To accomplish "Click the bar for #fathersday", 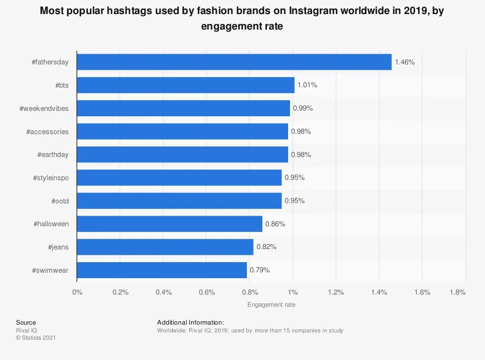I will [x=234, y=62].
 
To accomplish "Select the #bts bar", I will [x=185, y=85].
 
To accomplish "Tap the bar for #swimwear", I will [x=162, y=270].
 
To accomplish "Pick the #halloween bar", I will [x=169, y=224].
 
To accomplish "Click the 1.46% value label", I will [x=405, y=62].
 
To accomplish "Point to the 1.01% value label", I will [x=307, y=85].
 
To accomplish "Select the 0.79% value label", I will [x=259, y=270].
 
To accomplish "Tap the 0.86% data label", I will [x=275, y=224].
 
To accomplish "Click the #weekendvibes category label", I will [x=44, y=109].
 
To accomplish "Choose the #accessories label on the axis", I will [x=48, y=132].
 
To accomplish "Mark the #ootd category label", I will [x=60, y=201].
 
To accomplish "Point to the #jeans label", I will [x=58, y=247].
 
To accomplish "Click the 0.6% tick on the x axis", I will [x=206, y=293].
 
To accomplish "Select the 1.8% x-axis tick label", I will [x=458, y=293].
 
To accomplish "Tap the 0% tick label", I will [x=77, y=293].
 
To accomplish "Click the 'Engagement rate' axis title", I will [x=271, y=305].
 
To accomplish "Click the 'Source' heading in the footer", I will [x=26, y=323].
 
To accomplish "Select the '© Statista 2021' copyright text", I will [x=36, y=338].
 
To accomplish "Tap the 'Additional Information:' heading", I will [x=190, y=323].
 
